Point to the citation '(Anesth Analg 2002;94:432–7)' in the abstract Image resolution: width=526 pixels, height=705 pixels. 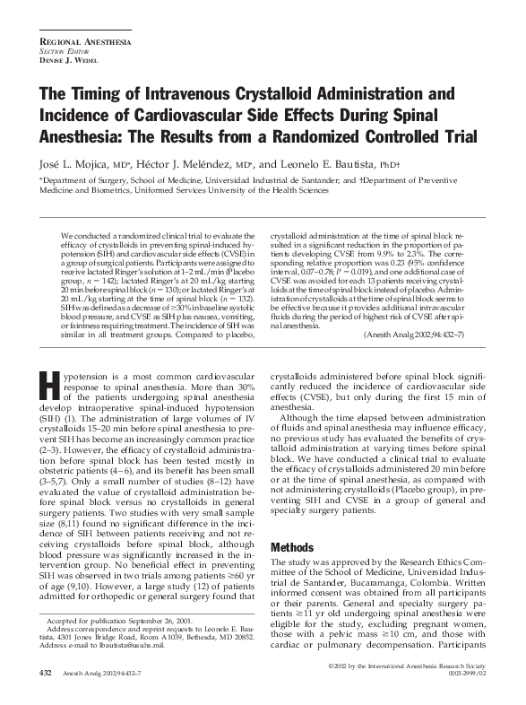click(424, 334)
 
